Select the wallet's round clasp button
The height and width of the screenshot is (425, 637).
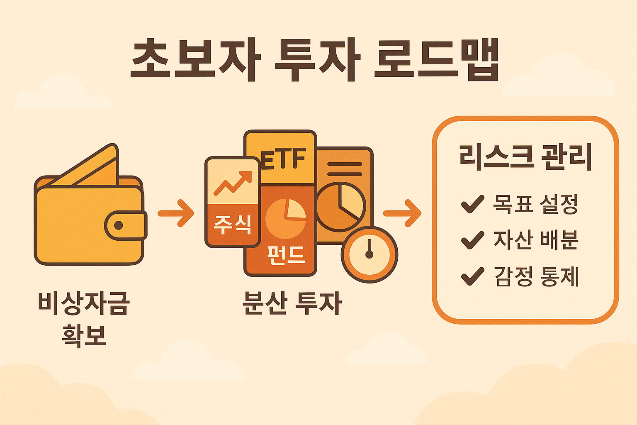[x=119, y=225]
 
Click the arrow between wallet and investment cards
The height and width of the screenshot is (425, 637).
[x=176, y=213]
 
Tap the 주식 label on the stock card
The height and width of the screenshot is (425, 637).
[x=232, y=225]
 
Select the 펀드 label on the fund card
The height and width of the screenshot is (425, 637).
[x=286, y=254]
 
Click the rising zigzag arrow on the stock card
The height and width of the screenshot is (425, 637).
[x=233, y=183]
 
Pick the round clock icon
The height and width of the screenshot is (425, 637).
[x=369, y=254]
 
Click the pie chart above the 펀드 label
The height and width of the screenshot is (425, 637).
[x=285, y=218]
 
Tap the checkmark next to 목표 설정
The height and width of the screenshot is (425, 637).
[x=472, y=204]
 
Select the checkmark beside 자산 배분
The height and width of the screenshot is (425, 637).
[x=472, y=240]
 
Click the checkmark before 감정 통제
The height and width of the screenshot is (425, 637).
[x=472, y=276]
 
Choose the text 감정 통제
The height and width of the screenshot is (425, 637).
[x=536, y=277]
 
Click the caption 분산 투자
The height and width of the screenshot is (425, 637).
[x=292, y=303]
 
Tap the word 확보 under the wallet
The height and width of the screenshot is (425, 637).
[x=84, y=335]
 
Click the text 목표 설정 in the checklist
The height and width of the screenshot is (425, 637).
[x=535, y=204]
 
